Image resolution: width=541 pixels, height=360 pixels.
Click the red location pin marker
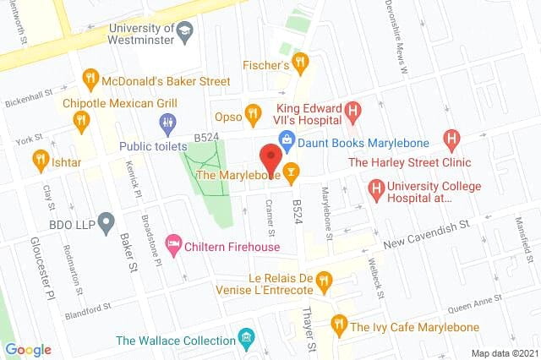[270, 157]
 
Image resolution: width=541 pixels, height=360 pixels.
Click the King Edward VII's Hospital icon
[353, 111]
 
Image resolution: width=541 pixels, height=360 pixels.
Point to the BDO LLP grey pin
[106, 222]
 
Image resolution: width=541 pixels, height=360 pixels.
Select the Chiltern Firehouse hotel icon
[173, 244]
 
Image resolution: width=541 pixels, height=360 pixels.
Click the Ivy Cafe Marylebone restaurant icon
[339, 323]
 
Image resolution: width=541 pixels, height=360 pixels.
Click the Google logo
[28, 350]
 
